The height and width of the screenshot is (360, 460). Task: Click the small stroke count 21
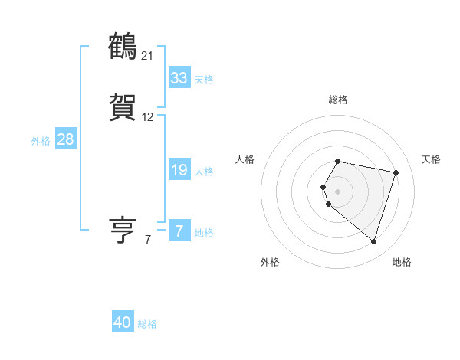pos(147,56)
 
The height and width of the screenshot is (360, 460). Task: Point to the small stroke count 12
pos(147,117)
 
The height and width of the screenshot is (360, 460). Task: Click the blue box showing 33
pos(179,78)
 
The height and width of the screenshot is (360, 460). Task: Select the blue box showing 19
pos(179,170)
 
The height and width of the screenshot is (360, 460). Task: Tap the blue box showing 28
pos(65,139)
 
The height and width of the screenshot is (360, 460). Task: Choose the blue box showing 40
pos(123,322)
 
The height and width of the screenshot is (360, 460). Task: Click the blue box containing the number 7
pos(179,231)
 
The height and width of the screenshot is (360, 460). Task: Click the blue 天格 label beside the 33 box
pos(204,80)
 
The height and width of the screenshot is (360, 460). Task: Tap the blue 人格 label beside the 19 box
pos(204,172)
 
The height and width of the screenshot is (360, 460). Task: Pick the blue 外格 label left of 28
pos(41,141)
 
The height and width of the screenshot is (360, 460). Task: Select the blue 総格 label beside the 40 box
pos(147,324)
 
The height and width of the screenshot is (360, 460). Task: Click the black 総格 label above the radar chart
pos(338,100)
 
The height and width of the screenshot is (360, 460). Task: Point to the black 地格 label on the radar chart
pos(402,263)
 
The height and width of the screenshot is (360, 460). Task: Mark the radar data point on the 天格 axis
pos(396,172)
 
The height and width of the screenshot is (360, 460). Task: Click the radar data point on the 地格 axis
pos(374,242)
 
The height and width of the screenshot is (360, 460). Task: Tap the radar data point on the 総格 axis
pos(338,161)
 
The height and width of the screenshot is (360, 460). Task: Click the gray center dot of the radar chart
pos(338,191)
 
